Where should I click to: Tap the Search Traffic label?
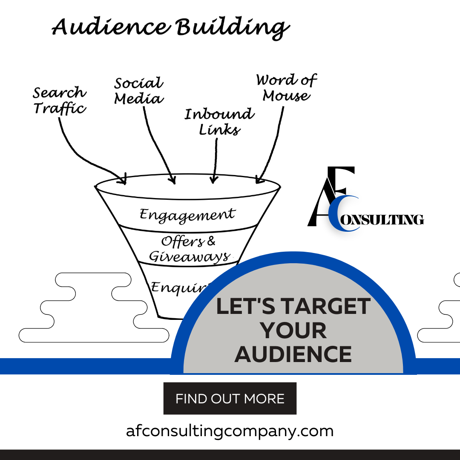pos(60,100)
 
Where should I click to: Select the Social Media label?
pos(139,91)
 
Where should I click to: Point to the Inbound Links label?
pos(219,121)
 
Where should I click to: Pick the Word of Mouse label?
pos(287,88)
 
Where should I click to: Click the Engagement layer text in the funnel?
pos(187,214)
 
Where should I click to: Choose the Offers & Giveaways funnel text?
pos(189,249)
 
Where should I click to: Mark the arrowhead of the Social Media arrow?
pos(172,181)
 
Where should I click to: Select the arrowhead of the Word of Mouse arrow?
pos(258,180)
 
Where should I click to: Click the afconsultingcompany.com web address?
pos(230,431)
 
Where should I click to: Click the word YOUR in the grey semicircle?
pos(293,331)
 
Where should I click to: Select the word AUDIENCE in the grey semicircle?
pos(293,354)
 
